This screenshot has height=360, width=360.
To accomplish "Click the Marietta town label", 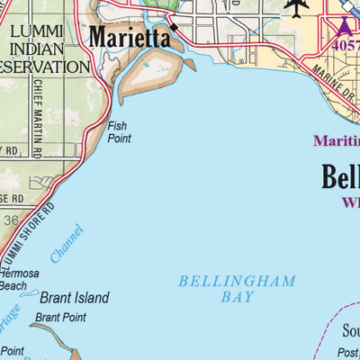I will tap(129, 38).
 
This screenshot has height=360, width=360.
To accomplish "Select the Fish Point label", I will tap(120, 133).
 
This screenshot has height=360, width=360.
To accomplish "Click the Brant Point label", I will tap(60, 318).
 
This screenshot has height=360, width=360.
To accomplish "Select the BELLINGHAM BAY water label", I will tap(237, 288).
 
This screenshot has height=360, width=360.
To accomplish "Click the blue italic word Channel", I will tap(66, 244).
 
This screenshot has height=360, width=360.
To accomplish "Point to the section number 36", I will tap(10, 219).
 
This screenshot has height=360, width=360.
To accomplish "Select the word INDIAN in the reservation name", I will tap(40, 49).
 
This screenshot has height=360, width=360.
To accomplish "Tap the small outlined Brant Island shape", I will tap(30, 294).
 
